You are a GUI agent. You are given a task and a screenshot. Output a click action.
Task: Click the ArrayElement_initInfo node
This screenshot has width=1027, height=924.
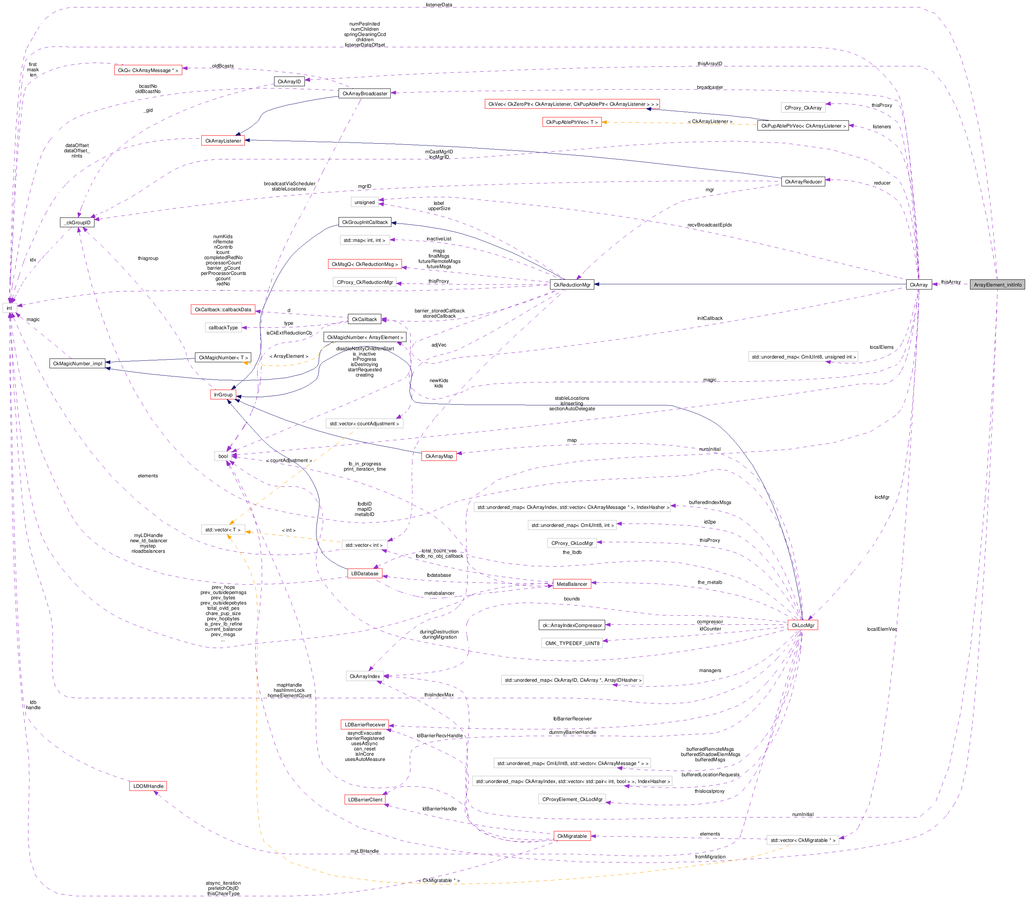997,284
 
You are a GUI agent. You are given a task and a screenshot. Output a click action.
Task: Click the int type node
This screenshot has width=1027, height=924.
9,307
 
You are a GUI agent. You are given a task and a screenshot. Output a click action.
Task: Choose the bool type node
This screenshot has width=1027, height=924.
223,456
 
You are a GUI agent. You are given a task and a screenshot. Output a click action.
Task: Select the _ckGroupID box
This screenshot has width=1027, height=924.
77,222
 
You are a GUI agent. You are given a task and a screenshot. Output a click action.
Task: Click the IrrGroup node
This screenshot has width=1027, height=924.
223,394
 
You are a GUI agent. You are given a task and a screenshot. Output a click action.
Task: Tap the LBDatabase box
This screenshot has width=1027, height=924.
364,573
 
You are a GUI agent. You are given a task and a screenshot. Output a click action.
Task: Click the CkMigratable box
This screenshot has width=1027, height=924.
572,835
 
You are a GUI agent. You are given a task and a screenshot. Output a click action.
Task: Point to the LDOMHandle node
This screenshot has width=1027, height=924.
148,786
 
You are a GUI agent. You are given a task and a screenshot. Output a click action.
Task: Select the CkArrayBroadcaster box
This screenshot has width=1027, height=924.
364,93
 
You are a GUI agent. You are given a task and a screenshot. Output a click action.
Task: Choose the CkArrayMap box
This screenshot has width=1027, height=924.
439,456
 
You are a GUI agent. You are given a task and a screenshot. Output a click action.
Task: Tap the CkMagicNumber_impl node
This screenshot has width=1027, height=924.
77,363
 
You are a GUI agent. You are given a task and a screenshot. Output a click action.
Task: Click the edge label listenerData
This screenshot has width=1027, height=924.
439,4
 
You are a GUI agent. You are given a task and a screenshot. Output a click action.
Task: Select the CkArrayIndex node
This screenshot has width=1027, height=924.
364,676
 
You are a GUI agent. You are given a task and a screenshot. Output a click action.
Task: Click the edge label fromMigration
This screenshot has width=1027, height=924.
710,856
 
